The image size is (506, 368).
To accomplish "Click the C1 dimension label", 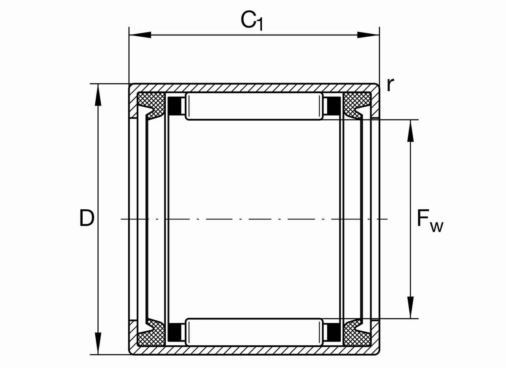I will click(x=252, y=20).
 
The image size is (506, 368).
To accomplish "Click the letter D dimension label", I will click(x=86, y=218).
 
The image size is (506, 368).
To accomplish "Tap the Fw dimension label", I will click(x=429, y=220).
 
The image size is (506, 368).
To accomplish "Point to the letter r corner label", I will click(x=390, y=85).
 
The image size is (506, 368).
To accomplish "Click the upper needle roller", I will click(x=254, y=107).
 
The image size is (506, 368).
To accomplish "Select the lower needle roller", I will click(x=254, y=332).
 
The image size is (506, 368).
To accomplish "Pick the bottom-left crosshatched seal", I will click(x=151, y=336).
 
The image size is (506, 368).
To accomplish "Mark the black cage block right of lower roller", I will click(x=333, y=332).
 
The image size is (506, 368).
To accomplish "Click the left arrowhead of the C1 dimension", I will click(x=139, y=35).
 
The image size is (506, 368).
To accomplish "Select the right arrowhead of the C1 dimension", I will click(x=368, y=35).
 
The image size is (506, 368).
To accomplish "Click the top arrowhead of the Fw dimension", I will click(x=410, y=131).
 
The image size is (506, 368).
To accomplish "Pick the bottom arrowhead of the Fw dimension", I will click(x=410, y=307).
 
